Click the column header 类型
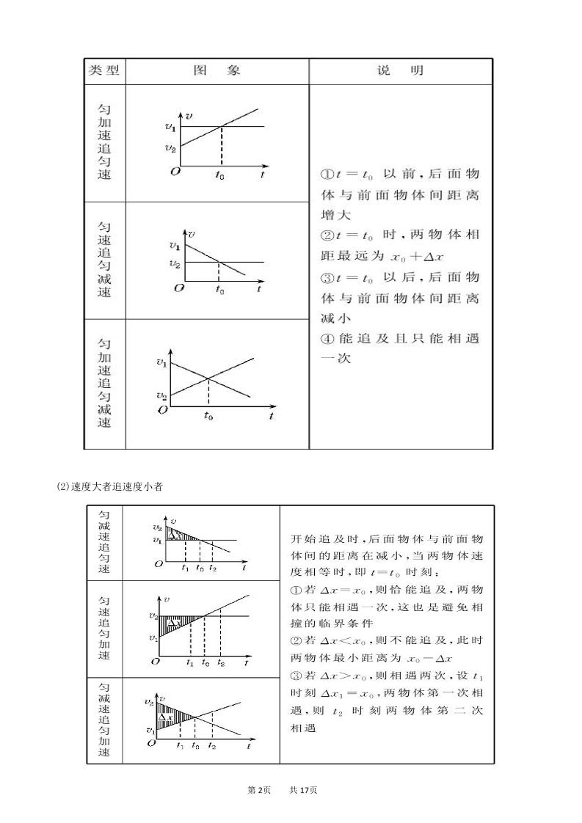click(103, 71)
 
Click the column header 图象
click(217, 71)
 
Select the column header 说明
click(400, 71)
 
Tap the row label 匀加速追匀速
click(104, 142)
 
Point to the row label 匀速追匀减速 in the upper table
click(104, 260)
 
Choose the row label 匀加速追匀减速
click(104, 383)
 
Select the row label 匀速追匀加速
click(104, 628)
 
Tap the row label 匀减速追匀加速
click(104, 720)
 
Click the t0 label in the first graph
click(220, 175)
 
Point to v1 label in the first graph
click(170, 127)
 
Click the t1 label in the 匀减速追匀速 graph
click(185, 567)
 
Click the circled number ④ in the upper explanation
click(327, 339)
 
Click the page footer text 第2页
click(260, 790)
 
